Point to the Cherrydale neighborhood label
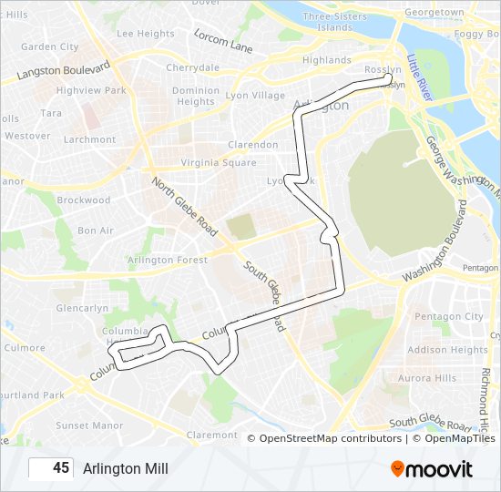(192, 67)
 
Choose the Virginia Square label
(219, 163)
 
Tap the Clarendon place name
(252, 145)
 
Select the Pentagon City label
(449, 316)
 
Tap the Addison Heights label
(447, 350)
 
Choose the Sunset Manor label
(89, 425)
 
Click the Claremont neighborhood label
(211, 436)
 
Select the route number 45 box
(51, 468)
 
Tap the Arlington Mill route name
(126, 468)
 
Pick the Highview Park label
(91, 91)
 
